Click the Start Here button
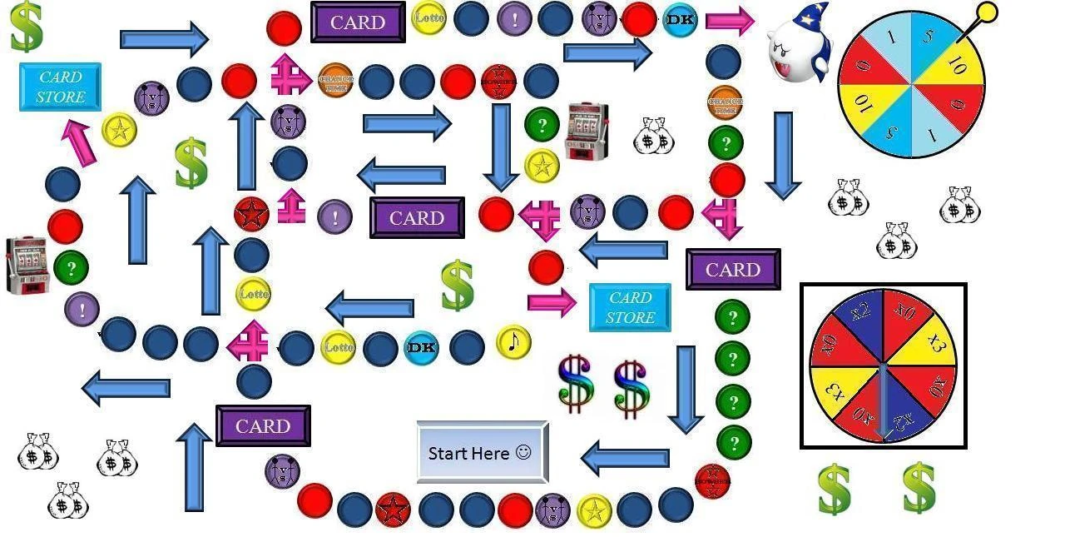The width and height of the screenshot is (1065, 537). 482,452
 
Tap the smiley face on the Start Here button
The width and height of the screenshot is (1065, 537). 523,452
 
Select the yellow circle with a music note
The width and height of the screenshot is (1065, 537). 513,342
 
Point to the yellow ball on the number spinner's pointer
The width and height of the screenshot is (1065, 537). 986,12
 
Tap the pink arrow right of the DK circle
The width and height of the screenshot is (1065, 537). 730,21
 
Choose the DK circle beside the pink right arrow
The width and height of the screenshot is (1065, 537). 680,20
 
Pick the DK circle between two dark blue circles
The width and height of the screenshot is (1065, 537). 421,347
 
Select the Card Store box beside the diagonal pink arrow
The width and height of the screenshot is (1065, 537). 60,87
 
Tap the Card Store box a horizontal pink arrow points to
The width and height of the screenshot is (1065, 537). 630,307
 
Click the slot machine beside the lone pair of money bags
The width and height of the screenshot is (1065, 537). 587,132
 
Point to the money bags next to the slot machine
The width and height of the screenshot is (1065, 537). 653,137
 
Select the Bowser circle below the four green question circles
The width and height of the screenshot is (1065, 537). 712,481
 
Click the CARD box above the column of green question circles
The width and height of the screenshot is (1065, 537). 733,270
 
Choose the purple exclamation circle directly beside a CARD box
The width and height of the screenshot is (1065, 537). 334,217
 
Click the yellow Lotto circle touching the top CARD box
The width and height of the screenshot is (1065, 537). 428,17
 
